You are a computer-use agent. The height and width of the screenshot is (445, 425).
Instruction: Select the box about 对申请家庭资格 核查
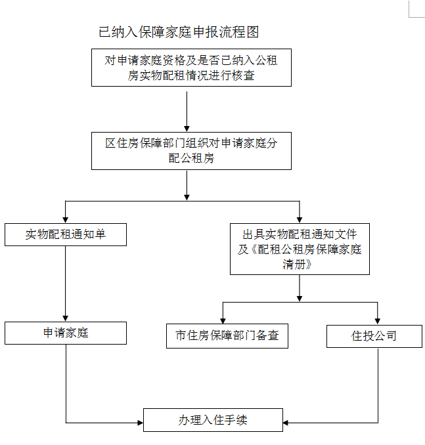pyautogui.click(x=191, y=68)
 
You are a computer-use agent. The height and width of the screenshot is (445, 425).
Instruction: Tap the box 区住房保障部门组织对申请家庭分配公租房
pyautogui.click(x=191, y=151)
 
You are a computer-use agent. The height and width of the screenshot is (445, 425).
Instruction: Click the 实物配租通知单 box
pyautogui.click(x=66, y=234)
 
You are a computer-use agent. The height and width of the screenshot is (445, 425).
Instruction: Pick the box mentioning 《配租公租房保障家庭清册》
pyautogui.click(x=300, y=249)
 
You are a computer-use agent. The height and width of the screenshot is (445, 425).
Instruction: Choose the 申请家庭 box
pyautogui.click(x=66, y=333)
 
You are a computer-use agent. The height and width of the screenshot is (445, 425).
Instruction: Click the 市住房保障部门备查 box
pyautogui.click(x=227, y=335)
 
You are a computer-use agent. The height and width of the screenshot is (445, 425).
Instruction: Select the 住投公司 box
pyautogui.click(x=374, y=336)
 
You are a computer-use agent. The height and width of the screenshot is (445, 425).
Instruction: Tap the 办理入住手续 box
pyautogui.click(x=213, y=419)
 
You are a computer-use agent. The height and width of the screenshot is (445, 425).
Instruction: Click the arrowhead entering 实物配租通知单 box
pyautogui.click(x=66, y=220)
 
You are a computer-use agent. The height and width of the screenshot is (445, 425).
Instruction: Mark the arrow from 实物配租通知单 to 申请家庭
pyautogui.click(x=66, y=282)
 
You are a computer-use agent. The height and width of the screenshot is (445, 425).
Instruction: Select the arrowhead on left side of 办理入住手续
pyautogui.click(x=140, y=423)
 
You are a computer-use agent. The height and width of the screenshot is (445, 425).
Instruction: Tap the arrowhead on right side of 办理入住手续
pyautogui.click(x=287, y=423)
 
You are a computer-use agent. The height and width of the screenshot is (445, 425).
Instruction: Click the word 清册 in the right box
pyautogui.click(x=300, y=265)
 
